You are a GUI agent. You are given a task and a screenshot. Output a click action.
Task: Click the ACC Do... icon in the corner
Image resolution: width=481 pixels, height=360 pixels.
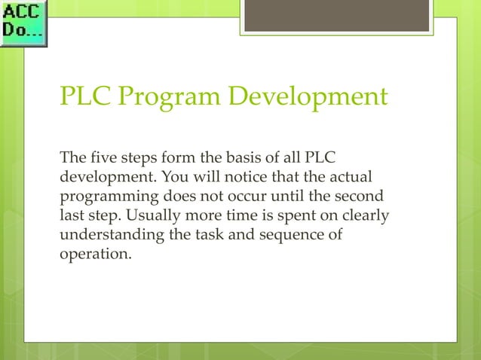(23, 23)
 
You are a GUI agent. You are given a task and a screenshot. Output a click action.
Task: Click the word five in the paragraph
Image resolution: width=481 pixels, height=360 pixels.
(100, 159)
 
